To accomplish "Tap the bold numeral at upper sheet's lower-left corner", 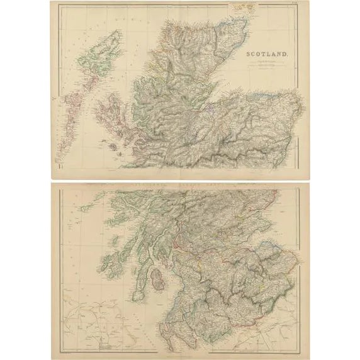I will point(60,166).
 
